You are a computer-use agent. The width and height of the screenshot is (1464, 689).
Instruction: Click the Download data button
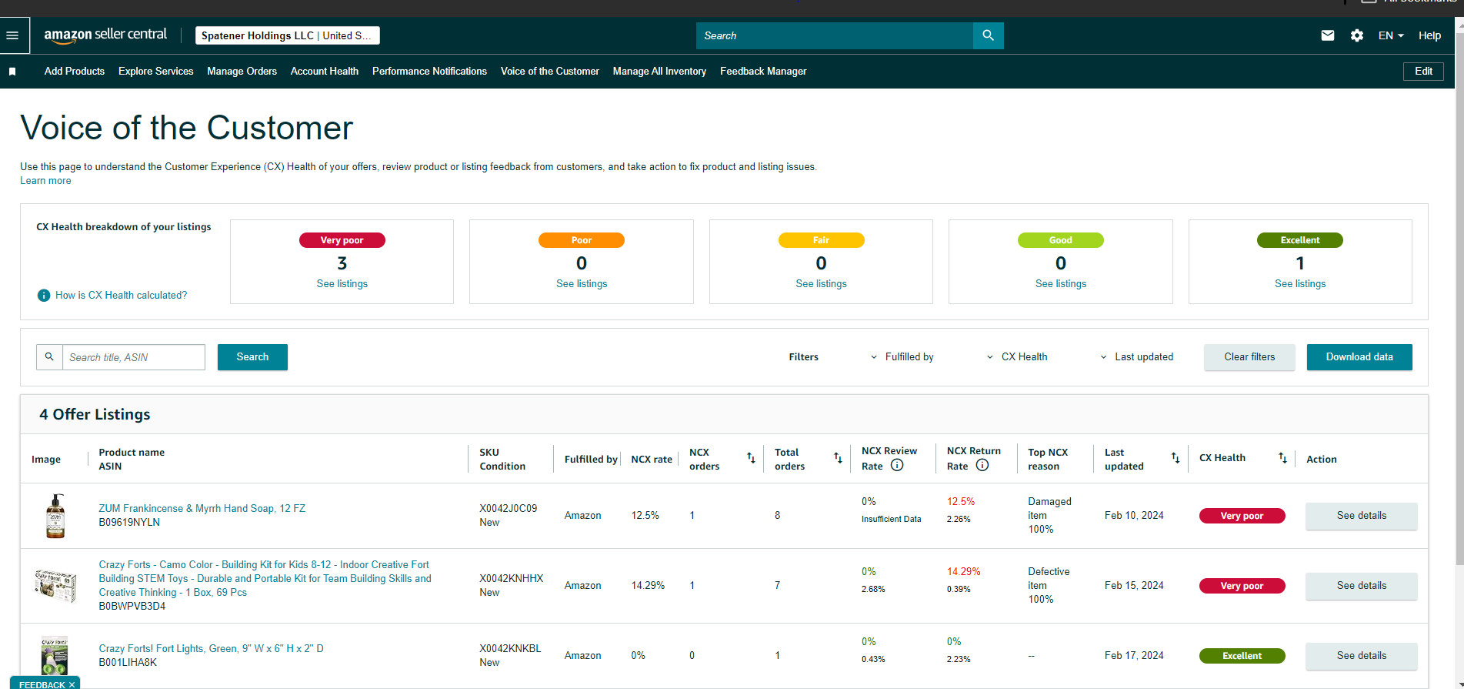[1359, 357]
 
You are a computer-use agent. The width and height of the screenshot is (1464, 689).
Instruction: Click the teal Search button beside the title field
[252, 357]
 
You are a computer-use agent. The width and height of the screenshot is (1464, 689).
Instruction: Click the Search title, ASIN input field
[134, 357]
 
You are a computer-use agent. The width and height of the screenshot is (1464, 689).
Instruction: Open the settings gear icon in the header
[1357, 35]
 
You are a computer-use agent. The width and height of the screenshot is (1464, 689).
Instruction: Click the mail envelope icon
[1328, 35]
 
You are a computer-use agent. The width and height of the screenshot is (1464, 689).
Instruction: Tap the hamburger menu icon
[12, 35]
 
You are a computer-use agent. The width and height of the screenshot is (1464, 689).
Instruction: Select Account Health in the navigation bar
[325, 71]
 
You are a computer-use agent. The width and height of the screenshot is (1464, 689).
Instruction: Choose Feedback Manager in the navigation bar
[763, 71]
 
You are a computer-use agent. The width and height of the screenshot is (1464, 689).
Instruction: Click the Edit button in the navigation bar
[1423, 71]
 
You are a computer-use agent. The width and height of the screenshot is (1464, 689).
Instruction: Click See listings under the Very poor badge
[342, 284]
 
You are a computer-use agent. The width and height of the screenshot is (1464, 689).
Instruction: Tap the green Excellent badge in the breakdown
[1300, 240]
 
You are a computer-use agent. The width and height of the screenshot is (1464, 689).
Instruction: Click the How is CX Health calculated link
[121, 296]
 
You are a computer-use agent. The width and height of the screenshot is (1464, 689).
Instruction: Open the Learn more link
[45, 181]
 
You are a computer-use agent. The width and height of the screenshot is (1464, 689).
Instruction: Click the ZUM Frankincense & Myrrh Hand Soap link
[202, 509]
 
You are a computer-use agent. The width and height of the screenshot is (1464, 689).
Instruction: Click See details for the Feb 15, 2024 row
[1362, 586]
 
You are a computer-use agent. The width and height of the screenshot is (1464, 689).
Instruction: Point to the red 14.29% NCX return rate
[964, 572]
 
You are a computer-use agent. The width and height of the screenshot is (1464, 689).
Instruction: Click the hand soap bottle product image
[55, 516]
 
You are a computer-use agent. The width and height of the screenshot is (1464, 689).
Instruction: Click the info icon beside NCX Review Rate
[897, 466]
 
